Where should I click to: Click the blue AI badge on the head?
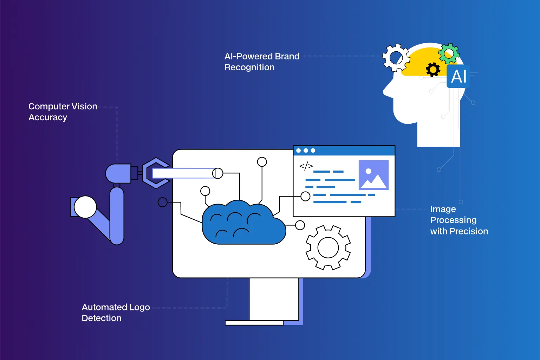pyautogui.click(x=458, y=76)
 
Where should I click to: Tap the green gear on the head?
pyautogui.click(x=449, y=53)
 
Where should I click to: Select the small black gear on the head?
pyautogui.click(x=433, y=70)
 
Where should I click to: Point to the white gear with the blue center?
pyautogui.click(x=396, y=57)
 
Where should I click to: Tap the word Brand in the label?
pyautogui.click(x=287, y=57)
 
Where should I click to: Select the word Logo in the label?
pyautogui.click(x=139, y=308)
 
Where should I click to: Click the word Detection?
pyautogui.click(x=102, y=318)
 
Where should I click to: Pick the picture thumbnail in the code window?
pyautogui.click(x=373, y=175)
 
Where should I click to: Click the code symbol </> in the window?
pyautogui.click(x=306, y=166)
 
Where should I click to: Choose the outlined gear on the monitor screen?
pyautogui.click(x=328, y=247)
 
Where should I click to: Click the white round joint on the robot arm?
pyautogui.click(x=85, y=207)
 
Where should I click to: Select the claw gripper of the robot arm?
pyautogui.click(x=155, y=173)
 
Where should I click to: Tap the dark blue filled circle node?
pyautogui.click(x=163, y=202)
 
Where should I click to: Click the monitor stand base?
pyautogui.click(x=254, y=323)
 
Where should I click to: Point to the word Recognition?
pyautogui.click(x=249, y=67)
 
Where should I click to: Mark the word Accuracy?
pyautogui.click(x=48, y=117)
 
